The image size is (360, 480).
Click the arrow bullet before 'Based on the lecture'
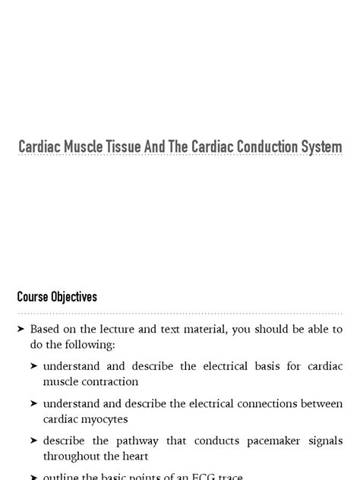(21, 329)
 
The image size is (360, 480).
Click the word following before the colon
(90, 344)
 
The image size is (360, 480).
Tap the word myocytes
(106, 418)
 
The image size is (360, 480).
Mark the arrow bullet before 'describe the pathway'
(34, 441)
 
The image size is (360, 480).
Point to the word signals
(325, 441)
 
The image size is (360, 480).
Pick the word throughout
(74, 456)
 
